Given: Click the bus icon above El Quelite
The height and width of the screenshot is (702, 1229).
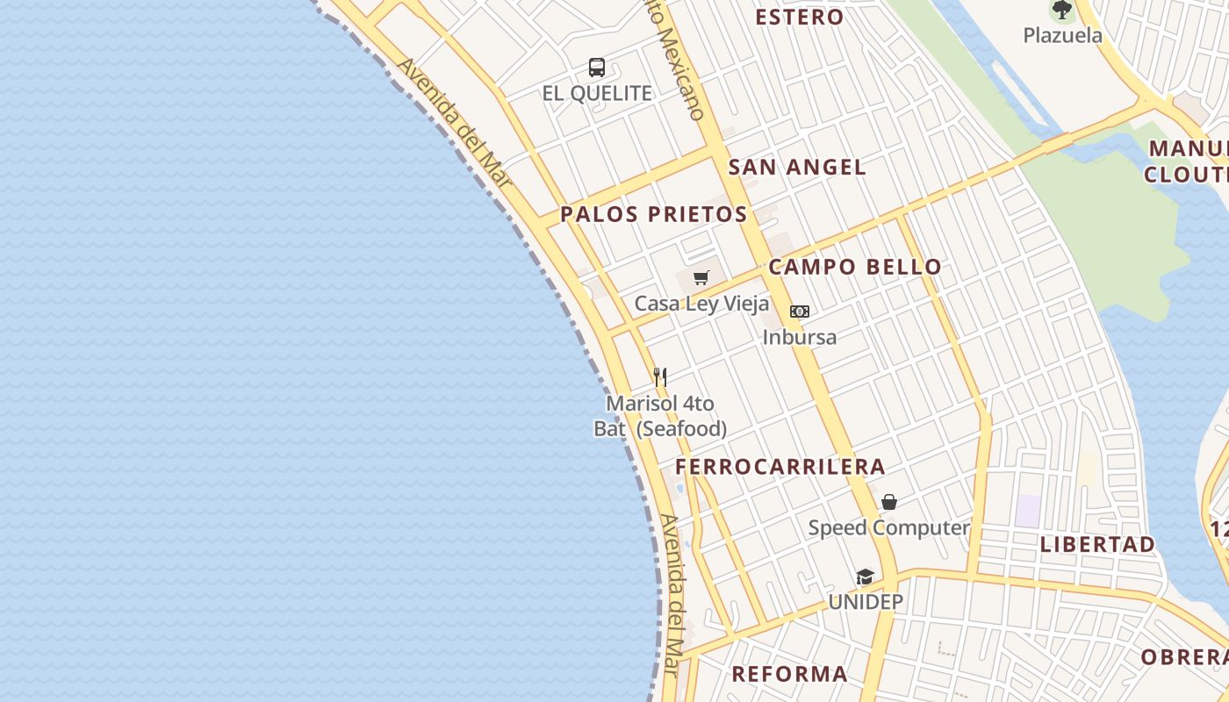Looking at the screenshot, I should (597, 67).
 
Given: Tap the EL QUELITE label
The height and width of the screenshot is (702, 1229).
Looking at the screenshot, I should (597, 93).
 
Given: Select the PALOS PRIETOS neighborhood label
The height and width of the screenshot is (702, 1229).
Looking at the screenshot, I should (654, 214).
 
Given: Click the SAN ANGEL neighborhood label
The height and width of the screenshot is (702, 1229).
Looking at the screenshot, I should (797, 167).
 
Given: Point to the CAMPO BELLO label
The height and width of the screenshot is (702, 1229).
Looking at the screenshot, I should (855, 267).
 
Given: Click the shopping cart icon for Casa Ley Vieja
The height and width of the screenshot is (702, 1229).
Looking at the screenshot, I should (701, 278).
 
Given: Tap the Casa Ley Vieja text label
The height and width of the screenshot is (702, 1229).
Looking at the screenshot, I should (701, 304).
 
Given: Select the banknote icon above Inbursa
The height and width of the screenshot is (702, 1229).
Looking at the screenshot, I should (799, 312).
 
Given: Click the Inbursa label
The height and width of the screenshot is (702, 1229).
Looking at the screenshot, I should (799, 337).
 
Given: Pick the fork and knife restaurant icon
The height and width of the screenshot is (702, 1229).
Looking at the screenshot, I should (660, 377).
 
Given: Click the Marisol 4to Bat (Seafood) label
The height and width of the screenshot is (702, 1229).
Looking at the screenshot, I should (660, 416).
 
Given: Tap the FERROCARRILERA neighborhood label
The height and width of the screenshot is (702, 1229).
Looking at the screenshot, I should (780, 466).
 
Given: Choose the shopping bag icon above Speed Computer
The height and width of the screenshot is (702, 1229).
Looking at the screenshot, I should (889, 502).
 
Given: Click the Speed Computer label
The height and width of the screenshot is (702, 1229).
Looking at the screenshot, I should (888, 528).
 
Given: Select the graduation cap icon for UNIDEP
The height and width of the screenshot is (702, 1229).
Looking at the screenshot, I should (866, 577).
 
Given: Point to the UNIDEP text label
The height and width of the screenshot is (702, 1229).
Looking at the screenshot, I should (866, 602).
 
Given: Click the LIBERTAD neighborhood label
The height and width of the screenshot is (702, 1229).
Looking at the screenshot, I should (1097, 544).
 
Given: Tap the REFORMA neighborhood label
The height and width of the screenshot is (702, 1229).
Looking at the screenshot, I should (790, 674).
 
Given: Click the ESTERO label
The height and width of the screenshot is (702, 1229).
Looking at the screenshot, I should (799, 17).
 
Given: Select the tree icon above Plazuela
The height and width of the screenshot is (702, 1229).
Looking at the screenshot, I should (1062, 11).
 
